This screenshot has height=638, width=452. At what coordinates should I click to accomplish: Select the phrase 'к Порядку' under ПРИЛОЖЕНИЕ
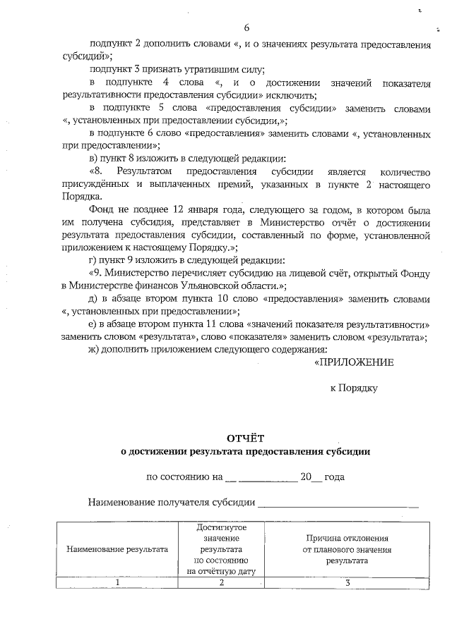[x=355, y=388]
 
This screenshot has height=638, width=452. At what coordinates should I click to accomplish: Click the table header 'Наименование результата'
[x=117, y=548]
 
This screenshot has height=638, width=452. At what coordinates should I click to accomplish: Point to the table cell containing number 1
[x=117, y=582]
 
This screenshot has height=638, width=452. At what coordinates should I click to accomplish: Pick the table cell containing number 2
[x=221, y=582]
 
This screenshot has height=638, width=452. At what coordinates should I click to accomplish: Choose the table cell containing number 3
[x=347, y=582]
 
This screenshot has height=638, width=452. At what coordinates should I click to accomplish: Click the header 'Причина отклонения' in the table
[x=347, y=538]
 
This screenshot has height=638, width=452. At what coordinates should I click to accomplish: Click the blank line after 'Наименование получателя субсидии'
[x=338, y=503]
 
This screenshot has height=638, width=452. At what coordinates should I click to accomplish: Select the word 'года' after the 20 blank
[x=335, y=477]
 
